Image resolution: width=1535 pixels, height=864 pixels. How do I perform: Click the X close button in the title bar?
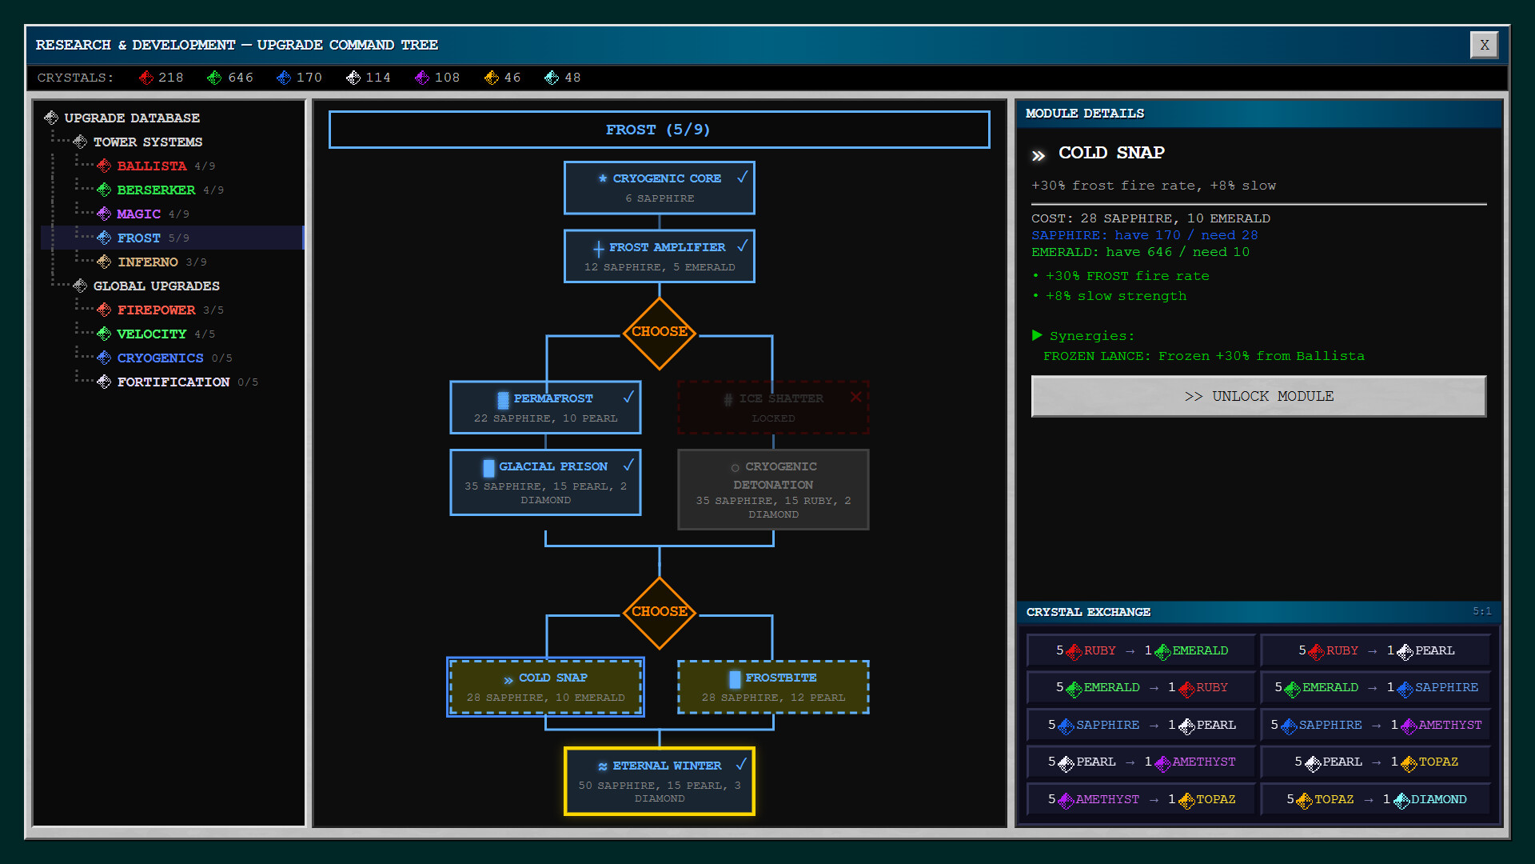(1484, 45)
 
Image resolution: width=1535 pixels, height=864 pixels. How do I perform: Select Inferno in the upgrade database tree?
(148, 262)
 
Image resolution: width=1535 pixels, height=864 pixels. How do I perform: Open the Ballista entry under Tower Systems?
(151, 166)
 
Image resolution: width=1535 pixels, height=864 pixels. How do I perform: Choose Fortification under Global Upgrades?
(173, 382)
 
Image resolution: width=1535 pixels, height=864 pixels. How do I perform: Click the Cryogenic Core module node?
(659, 188)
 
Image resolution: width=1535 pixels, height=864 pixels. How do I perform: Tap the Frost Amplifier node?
(659, 256)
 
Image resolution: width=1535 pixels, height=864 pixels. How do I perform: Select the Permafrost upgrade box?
(545, 407)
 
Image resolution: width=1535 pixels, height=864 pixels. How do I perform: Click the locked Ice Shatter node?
(772, 407)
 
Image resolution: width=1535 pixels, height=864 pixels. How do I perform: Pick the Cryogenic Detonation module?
(772, 489)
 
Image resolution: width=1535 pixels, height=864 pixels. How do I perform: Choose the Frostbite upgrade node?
(772, 686)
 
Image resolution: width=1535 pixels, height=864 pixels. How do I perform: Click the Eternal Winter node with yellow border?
(659, 781)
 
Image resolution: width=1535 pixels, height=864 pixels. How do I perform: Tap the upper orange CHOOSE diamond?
(659, 332)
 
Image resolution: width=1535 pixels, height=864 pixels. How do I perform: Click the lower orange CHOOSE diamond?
(659, 612)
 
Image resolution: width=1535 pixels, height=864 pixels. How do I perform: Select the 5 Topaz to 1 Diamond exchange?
(1376, 799)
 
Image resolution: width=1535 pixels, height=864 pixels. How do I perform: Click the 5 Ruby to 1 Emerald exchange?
(1142, 650)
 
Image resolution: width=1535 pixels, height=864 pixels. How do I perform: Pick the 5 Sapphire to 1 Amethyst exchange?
(1376, 725)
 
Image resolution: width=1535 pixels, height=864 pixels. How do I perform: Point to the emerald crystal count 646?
(240, 78)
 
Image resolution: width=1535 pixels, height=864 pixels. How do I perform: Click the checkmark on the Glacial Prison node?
(628, 465)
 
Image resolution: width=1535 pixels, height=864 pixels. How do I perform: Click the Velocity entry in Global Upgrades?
(151, 334)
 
